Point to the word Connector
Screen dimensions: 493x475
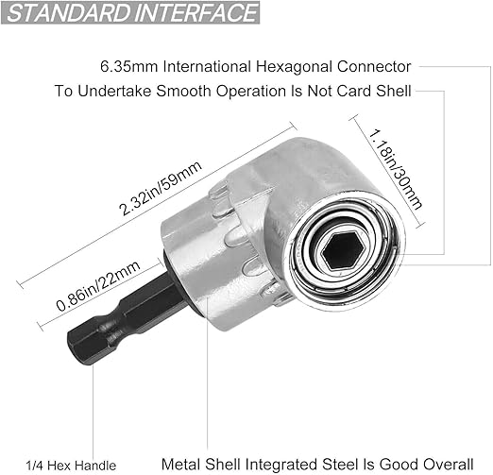coord(374,67)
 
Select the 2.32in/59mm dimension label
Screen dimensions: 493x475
coord(161,188)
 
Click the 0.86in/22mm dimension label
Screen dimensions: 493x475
coord(98,286)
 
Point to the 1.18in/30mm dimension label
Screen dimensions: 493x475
coord(396,169)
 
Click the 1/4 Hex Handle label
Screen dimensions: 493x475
coord(71,466)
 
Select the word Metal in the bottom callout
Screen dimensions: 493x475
coord(180,465)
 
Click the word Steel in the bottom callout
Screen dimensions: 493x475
coord(336,465)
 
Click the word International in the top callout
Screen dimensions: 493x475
coord(207,67)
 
